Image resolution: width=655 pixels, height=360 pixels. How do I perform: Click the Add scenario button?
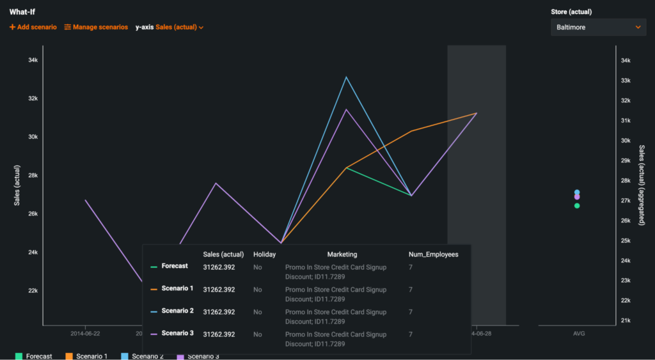tap(33, 27)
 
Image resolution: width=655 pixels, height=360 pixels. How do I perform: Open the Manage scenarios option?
tap(96, 27)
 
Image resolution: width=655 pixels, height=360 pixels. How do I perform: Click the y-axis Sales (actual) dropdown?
tap(170, 27)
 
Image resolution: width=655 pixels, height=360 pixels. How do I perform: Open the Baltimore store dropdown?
tap(598, 27)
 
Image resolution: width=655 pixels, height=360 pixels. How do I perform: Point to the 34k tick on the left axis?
tap(33, 60)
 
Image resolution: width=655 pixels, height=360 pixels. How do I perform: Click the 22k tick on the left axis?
tap(33, 291)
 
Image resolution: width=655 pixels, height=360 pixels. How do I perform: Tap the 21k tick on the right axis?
tap(626, 320)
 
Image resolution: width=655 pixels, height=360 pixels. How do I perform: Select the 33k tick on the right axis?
tap(626, 81)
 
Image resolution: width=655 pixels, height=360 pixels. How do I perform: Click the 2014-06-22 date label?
tap(85, 334)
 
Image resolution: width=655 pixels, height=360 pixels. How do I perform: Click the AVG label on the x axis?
tap(579, 334)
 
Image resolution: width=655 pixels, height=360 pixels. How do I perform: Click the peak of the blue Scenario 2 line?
tap(346, 77)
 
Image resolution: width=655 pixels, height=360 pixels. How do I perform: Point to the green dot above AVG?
tap(577, 206)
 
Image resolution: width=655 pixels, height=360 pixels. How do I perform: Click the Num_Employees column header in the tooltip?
tap(433, 254)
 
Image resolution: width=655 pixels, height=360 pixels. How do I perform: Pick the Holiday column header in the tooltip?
tap(264, 254)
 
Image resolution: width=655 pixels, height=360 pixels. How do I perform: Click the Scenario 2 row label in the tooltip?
tap(177, 311)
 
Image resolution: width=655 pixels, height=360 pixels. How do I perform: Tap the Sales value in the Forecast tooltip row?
tap(219, 267)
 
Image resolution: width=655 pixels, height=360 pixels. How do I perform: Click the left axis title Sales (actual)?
tap(18, 185)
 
